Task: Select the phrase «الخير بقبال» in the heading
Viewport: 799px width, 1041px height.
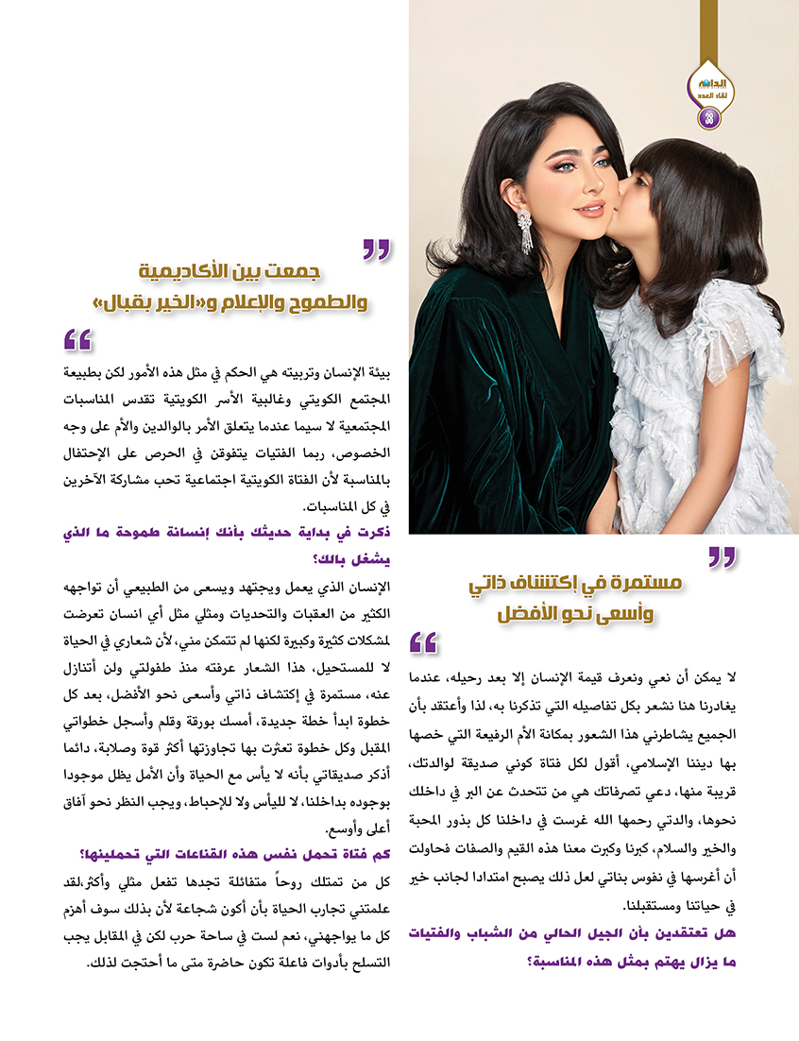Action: point(133,304)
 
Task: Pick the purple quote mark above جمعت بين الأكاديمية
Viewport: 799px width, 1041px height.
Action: point(377,249)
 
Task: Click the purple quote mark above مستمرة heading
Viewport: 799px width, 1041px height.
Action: point(722,557)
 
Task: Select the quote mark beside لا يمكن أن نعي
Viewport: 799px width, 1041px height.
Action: point(424,643)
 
